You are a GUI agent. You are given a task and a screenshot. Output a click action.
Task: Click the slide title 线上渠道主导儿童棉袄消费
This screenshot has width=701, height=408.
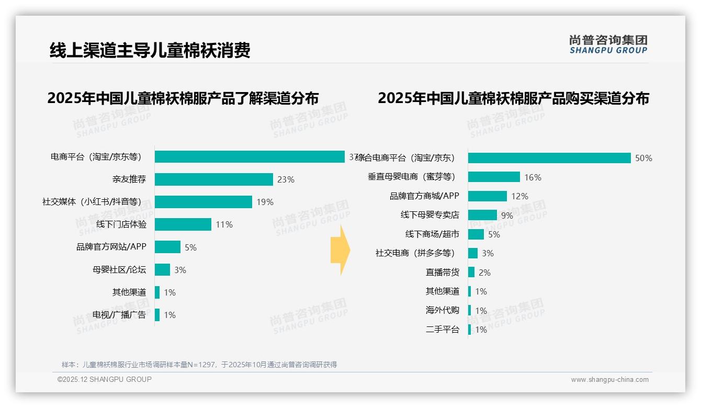[150, 50]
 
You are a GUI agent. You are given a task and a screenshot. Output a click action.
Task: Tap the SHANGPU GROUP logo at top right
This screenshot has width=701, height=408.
[608, 44]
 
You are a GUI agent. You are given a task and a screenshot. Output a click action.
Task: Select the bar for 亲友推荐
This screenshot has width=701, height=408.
[214, 179]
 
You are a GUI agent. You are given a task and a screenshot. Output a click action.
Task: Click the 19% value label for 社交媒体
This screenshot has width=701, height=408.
[265, 202]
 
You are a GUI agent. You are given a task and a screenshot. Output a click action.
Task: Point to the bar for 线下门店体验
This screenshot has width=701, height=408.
[183, 224]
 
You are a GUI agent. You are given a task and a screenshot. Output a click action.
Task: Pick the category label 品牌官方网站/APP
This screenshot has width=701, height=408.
[111, 247]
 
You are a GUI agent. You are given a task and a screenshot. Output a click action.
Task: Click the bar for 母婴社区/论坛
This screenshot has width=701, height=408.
[163, 269]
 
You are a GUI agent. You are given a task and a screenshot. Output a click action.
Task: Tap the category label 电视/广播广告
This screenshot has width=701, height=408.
[119, 315]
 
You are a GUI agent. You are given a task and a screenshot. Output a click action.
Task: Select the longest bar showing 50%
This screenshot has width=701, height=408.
[549, 158]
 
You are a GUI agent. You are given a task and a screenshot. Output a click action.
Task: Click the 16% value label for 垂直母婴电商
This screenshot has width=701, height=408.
[533, 177]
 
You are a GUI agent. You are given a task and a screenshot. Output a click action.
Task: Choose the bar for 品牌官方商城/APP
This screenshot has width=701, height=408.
[488, 196]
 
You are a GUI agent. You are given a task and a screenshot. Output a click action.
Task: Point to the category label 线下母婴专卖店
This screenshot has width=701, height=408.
[429, 215]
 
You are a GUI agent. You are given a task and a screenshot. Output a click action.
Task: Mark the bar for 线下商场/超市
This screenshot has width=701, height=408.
[476, 234]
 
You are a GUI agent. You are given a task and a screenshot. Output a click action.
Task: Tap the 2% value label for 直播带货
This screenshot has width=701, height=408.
[484, 273]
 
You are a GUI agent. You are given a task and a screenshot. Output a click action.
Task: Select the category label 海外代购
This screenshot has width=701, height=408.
[443, 310]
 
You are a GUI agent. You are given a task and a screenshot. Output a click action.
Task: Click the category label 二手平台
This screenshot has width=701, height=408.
[443, 330]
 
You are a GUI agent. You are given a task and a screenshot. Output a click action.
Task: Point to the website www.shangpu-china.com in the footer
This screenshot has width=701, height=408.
[609, 380]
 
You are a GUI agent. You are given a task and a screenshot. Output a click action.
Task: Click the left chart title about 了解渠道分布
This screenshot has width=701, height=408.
[183, 98]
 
